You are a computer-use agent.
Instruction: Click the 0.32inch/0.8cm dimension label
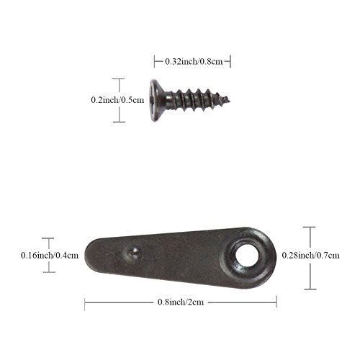(x=194, y=61)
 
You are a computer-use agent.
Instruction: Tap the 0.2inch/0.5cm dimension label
(x=117, y=100)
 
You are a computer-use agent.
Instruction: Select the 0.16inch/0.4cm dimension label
(x=50, y=255)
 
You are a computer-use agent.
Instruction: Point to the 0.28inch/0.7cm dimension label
(x=310, y=255)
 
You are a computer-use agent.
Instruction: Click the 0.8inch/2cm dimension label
(x=181, y=302)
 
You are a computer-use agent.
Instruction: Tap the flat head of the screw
(x=156, y=100)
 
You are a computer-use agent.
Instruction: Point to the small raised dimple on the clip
(x=132, y=253)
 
